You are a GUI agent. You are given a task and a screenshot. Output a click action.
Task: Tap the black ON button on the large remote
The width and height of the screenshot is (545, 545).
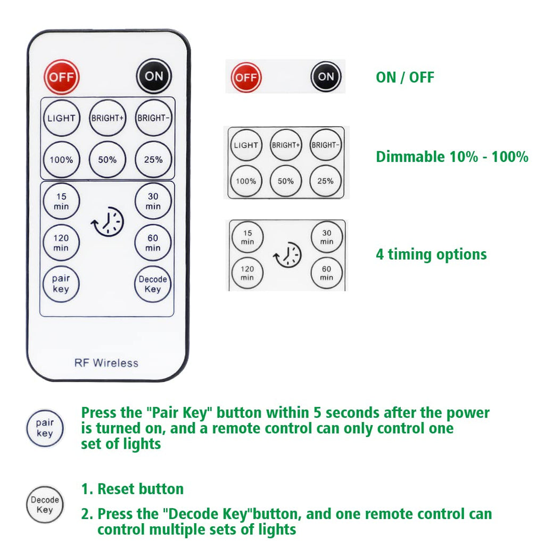[x=154, y=76]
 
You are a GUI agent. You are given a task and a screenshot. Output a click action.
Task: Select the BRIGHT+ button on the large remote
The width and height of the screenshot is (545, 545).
[x=107, y=118]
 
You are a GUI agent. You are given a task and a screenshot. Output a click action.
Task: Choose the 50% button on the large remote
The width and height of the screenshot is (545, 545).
[x=107, y=159]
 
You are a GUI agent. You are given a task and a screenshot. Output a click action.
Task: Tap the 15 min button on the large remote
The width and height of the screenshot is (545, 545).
[x=61, y=201]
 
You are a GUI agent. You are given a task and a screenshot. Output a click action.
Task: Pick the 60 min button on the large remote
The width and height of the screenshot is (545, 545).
[x=153, y=243]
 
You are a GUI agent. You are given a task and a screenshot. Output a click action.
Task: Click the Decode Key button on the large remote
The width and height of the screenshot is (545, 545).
[x=153, y=284]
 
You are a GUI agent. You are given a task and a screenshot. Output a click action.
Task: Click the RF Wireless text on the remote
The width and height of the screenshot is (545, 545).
[x=106, y=363]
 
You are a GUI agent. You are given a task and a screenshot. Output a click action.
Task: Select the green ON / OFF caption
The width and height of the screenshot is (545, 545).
[x=405, y=77]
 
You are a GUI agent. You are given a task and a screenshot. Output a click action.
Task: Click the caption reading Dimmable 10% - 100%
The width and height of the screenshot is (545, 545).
[x=452, y=157]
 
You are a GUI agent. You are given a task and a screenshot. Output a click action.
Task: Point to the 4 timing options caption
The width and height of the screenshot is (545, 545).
[x=431, y=254]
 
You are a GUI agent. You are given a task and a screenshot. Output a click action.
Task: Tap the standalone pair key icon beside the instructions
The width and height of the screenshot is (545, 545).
[x=45, y=428]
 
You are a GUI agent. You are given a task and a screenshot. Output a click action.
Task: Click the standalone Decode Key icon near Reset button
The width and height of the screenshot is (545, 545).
[x=45, y=505]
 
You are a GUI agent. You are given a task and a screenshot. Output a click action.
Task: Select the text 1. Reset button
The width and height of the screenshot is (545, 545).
[x=133, y=489]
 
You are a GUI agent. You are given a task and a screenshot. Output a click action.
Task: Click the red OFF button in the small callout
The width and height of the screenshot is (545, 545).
[x=246, y=77]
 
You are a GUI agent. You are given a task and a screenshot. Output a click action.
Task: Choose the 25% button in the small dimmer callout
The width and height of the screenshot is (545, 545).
[x=326, y=181]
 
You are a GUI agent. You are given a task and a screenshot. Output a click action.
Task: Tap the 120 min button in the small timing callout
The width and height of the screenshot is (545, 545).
[x=247, y=273]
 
